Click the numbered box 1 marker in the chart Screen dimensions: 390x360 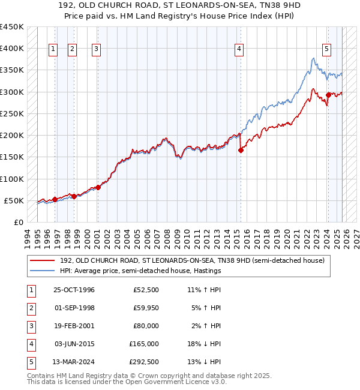point(53,49)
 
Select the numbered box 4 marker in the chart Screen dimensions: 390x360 point(239,49)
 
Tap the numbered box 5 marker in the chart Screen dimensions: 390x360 point(326,49)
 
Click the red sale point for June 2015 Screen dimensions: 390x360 point(241,151)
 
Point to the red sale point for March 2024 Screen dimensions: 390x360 point(328,95)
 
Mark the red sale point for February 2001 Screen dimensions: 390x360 point(98,187)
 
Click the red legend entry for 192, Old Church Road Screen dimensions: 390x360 point(192,260)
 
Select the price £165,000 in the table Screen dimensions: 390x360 point(143,344)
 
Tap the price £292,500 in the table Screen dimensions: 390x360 point(143,362)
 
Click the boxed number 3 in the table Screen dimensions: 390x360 point(30,326)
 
